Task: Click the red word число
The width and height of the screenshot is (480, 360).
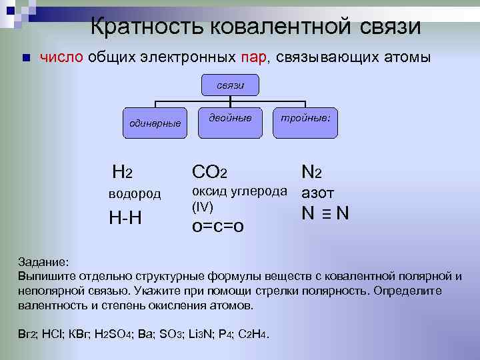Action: [x=61, y=58]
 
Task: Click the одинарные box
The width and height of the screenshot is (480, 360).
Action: [x=155, y=122]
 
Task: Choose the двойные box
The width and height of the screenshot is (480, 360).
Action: [x=230, y=118]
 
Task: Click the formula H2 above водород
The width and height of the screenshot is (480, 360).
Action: [x=123, y=173]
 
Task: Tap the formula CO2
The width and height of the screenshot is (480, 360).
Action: [x=209, y=173]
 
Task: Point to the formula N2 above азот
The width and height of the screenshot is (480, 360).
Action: [x=311, y=173]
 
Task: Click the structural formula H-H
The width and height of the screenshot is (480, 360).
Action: [x=125, y=217]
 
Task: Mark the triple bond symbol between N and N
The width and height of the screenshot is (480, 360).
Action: [x=326, y=214]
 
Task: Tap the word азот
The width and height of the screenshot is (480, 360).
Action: [x=319, y=194]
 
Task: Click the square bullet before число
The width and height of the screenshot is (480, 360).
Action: [x=25, y=58]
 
